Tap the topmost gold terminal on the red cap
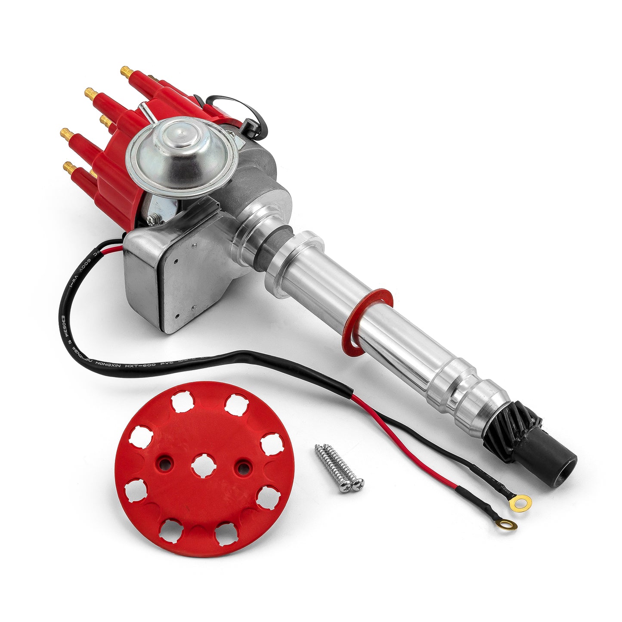[x=126, y=71]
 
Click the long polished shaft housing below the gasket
[x=400, y=340]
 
